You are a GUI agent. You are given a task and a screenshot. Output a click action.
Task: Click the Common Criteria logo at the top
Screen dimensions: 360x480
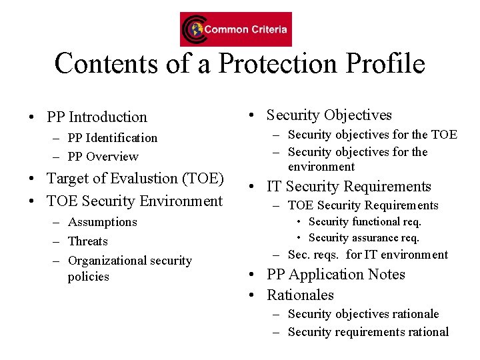(235, 29)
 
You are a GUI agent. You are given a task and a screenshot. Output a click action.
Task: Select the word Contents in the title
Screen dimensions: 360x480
(106, 64)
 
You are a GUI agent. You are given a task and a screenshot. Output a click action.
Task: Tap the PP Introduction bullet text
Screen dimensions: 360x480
(97, 117)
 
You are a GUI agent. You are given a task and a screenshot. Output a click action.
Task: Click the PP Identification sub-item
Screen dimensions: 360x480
(112, 138)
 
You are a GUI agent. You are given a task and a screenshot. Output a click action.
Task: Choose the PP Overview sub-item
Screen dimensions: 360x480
(103, 157)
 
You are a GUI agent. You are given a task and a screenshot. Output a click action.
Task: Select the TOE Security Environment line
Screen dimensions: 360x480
(134, 201)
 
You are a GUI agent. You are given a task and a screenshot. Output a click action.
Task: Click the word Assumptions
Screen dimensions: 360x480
(102, 222)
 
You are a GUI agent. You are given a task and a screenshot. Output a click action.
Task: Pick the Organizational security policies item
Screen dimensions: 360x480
(129, 268)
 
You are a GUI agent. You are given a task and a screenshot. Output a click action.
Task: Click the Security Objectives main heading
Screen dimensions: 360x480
(329, 115)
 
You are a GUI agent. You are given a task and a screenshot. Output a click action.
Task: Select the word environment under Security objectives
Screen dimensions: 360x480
(321, 167)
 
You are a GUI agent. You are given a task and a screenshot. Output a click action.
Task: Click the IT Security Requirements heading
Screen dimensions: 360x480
(349, 187)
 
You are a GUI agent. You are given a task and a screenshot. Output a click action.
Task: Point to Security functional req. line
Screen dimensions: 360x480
(365, 222)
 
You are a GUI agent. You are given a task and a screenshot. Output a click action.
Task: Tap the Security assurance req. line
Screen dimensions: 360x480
(363, 238)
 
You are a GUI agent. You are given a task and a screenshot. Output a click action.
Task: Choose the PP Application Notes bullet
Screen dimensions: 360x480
(335, 275)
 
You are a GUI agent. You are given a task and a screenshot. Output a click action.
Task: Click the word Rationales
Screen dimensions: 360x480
(300, 295)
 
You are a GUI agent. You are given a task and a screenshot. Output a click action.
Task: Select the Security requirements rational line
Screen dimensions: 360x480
(368, 332)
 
